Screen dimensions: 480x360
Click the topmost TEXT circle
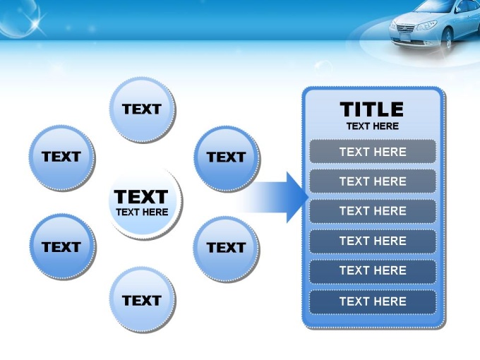(x=143, y=110)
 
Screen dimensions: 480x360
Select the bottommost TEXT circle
(x=143, y=300)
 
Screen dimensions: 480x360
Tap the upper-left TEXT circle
(x=62, y=158)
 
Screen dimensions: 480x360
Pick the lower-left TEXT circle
(x=63, y=247)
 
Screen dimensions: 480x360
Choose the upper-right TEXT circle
(x=227, y=159)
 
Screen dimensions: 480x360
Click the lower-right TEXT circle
(x=227, y=249)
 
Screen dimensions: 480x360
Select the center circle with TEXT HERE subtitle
(x=145, y=203)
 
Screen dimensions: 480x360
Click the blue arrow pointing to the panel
(x=272, y=197)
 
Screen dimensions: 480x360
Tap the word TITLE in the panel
(x=371, y=109)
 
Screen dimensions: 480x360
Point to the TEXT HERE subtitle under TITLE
(x=373, y=126)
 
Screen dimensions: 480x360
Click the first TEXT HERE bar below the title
(x=373, y=152)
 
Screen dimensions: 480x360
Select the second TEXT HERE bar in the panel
(x=373, y=181)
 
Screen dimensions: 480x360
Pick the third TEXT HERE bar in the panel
(x=373, y=211)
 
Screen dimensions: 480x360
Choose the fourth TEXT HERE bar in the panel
(x=373, y=241)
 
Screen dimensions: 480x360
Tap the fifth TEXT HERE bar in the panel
(x=373, y=271)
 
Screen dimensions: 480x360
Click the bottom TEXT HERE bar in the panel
(x=373, y=301)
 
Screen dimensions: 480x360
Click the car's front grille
(x=405, y=28)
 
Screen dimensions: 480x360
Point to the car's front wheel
(x=448, y=38)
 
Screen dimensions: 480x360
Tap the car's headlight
(x=426, y=25)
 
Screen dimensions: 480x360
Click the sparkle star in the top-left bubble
(x=36, y=21)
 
